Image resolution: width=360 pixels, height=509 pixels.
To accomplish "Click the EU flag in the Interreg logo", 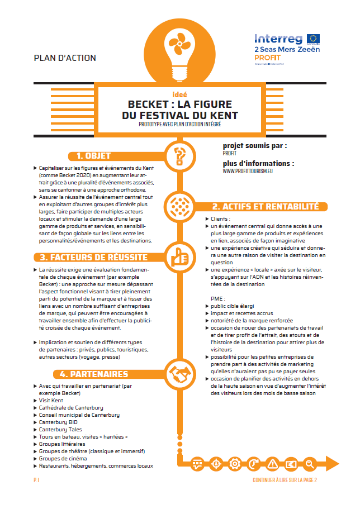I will (313, 39).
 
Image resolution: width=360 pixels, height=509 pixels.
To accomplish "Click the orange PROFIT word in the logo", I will (268, 58).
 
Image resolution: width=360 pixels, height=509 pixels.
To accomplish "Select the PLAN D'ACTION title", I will (65, 58).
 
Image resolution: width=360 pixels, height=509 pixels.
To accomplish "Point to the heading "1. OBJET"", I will (93, 156).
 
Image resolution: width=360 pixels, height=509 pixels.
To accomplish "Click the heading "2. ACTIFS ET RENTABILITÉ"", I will (264, 207).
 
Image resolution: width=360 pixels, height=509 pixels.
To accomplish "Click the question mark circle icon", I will (180, 155).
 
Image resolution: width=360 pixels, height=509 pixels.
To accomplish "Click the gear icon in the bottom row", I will (235, 464).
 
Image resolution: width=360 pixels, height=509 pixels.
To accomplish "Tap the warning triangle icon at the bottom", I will (272, 464).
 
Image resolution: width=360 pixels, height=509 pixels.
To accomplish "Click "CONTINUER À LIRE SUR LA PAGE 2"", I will (285, 479).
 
